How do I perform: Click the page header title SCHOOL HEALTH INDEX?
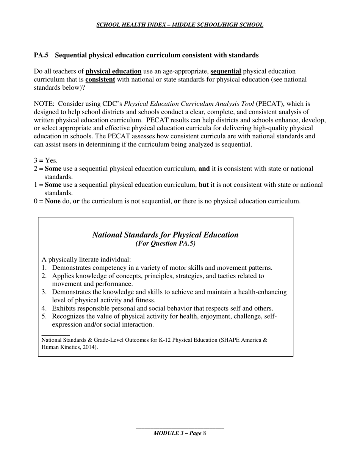pyautogui.click(x=180, y=25)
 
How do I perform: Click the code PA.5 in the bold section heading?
pyautogui.click(x=41, y=55)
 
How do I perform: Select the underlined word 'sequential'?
pyautogui.click(x=225, y=72)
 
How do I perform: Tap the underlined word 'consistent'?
pyautogui.click(x=100, y=80)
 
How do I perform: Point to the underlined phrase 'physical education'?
pyautogui.click(x=113, y=72)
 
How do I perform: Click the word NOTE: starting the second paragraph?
pyautogui.click(x=44, y=104)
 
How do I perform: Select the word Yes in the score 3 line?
pyautogui.click(x=51, y=161)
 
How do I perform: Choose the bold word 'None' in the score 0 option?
pyautogui.click(x=53, y=201)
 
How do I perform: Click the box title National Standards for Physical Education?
pyautogui.click(x=166, y=235)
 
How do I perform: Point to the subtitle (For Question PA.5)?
pyautogui.click(x=166, y=244)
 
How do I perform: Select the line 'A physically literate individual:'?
pyautogui.click(x=86, y=260)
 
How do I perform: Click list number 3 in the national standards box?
pyautogui.click(x=44, y=292)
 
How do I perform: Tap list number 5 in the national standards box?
pyautogui.click(x=44, y=316)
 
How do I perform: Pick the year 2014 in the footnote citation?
pyautogui.click(x=89, y=347)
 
